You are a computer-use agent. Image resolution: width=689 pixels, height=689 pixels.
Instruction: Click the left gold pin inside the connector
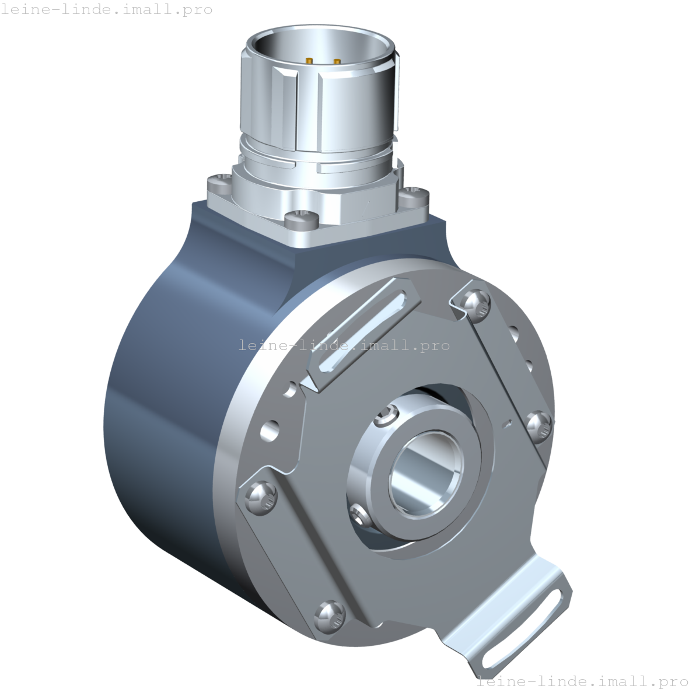[x=309, y=60]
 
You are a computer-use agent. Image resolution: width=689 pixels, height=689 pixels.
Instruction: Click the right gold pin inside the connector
[x=337, y=62]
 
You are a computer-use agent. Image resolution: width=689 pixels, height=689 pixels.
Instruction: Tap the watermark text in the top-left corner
[x=106, y=10]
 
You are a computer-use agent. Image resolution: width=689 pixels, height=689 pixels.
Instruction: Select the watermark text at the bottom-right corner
[x=582, y=681]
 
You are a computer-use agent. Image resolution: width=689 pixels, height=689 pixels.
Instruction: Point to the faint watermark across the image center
[x=344, y=345]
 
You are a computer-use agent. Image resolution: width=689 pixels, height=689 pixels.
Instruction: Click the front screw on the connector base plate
[x=301, y=220]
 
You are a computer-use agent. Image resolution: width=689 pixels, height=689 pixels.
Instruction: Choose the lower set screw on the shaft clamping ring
[x=360, y=514]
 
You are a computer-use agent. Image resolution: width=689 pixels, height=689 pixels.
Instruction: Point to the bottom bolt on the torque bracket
[x=328, y=618]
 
